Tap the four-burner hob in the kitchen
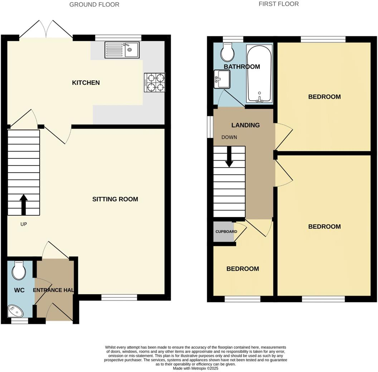[155, 83]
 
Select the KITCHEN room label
[86, 83]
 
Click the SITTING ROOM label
[115, 199]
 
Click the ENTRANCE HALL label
[54, 290]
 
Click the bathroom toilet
[227, 53]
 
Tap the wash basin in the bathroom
[222, 79]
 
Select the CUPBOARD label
[226, 231]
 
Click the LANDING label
[245, 125]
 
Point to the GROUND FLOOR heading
[94, 5]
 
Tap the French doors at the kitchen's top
[46, 29]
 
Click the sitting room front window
[119, 297]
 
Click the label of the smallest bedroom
[242, 269]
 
